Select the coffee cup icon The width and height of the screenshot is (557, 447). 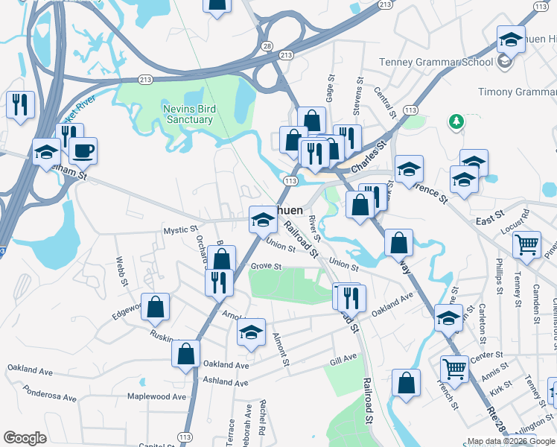pyautogui.click(x=83, y=151)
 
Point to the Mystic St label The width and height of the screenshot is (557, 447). pyautogui.click(x=181, y=231)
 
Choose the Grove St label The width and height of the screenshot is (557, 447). pyautogui.click(x=266, y=266)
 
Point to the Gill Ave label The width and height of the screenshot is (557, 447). pyautogui.click(x=343, y=360)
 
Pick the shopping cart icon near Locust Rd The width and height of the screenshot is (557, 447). pyautogui.click(x=527, y=244)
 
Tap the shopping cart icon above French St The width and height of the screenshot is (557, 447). pyautogui.click(x=454, y=367)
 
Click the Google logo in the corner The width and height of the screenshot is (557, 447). pyautogui.click(x=25, y=438)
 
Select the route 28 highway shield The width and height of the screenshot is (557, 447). pyautogui.click(x=267, y=45)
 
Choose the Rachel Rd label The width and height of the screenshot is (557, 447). pyautogui.click(x=262, y=418)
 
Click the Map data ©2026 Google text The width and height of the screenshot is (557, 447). pyautogui.click(x=510, y=441)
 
